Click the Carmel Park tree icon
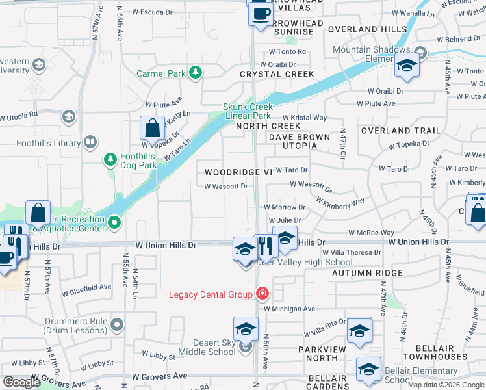(x=194, y=73)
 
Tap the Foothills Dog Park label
(x=138, y=161)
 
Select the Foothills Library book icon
(x=90, y=142)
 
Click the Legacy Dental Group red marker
(x=262, y=294)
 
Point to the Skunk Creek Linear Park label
(x=248, y=111)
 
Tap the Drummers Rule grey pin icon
(x=117, y=324)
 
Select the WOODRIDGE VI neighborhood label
(x=238, y=172)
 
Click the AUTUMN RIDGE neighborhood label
(x=367, y=273)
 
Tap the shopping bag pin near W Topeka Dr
(x=152, y=129)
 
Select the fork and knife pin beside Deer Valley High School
(x=265, y=246)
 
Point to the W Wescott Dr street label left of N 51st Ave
(x=226, y=187)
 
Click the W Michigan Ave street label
(x=289, y=309)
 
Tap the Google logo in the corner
(x=21, y=382)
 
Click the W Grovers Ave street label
(x=160, y=376)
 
